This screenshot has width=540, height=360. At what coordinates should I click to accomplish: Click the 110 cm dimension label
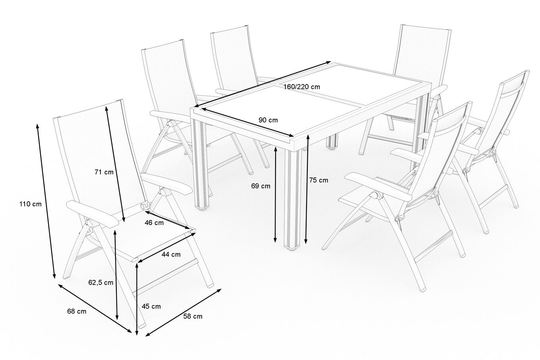(x=30, y=204)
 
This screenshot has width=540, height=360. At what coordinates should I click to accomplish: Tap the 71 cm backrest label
(x=104, y=172)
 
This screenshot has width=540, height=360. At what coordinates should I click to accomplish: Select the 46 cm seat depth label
(x=154, y=223)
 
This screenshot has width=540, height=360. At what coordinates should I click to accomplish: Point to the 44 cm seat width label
(x=171, y=254)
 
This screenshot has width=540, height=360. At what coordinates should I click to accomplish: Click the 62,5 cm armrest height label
(x=101, y=283)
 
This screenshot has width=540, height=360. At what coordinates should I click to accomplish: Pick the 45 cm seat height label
(x=151, y=306)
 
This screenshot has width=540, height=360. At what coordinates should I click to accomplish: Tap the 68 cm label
(x=77, y=312)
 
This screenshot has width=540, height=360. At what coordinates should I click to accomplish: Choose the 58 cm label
(x=193, y=316)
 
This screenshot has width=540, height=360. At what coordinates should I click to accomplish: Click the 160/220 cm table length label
(x=302, y=87)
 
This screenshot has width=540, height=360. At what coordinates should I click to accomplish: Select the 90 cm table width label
(x=268, y=120)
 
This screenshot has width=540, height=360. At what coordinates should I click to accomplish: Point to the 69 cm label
(x=260, y=186)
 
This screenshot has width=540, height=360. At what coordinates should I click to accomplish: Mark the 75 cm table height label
(x=319, y=180)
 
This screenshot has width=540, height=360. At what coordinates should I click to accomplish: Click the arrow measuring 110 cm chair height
(x=46, y=201)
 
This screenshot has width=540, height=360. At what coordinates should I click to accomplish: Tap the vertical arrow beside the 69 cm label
(x=276, y=195)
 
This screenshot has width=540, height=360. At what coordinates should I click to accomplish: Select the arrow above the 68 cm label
(x=95, y=308)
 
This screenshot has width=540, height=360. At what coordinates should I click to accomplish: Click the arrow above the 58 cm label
(x=183, y=312)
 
